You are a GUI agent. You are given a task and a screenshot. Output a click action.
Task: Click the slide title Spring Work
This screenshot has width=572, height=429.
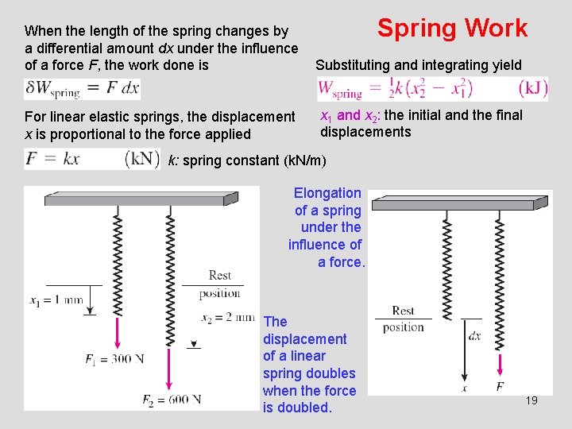[x=452, y=29]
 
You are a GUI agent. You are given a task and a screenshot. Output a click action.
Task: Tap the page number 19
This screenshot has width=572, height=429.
[x=531, y=400]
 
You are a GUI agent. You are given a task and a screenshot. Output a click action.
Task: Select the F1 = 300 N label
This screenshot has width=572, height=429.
[x=114, y=359]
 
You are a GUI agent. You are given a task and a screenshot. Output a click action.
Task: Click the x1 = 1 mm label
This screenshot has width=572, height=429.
[x=56, y=301]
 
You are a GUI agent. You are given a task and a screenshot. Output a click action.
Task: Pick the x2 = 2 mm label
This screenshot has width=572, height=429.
[x=228, y=318]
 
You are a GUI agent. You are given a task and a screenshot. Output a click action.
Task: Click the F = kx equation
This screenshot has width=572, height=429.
[x=53, y=158]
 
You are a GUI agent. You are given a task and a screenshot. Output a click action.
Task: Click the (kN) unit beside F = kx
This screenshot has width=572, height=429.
[x=142, y=158]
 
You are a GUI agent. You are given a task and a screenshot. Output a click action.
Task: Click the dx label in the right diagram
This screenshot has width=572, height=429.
[x=474, y=336]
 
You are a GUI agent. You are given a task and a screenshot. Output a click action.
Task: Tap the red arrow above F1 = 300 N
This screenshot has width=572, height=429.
[x=118, y=330]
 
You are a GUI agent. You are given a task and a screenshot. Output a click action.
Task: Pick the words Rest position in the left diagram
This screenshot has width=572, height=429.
[x=219, y=284]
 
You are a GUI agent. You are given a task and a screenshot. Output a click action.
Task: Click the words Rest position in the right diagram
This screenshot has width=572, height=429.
[x=404, y=319]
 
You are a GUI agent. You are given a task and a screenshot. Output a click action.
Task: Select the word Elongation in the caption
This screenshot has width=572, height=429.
[x=327, y=193]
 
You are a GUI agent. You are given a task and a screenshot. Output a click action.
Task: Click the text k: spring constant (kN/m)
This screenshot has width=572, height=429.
[x=246, y=160]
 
